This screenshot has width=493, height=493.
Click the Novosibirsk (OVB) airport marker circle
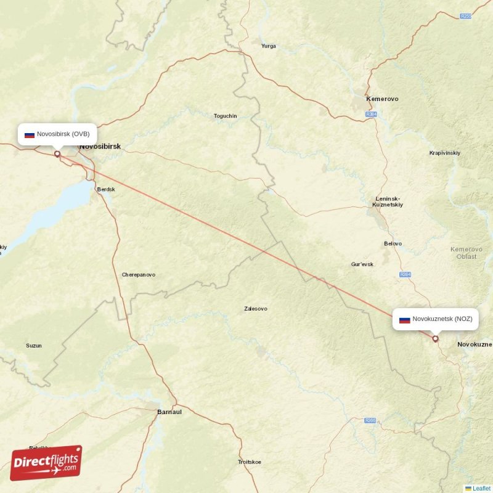tap(57, 154)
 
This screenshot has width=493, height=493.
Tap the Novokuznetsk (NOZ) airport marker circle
tap(435, 338)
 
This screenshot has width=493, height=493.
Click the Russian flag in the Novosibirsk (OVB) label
tap(29, 134)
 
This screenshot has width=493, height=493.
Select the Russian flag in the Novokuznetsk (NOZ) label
tap(405, 319)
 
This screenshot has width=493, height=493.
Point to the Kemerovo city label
tap(382, 99)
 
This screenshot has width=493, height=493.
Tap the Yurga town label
tap(268, 46)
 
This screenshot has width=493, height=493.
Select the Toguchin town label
tap(225, 116)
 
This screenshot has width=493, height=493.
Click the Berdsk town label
tap(106, 189)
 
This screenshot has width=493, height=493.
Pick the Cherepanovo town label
tap(138, 274)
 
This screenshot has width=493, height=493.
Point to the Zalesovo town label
tap(256, 308)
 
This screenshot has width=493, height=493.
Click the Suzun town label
tap(34, 345)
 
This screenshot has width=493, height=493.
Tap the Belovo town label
tap(393, 243)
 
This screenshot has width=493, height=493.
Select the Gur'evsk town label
tap(362, 264)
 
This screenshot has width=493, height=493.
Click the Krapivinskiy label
tap(444, 152)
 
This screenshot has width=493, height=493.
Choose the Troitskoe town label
tap(250, 462)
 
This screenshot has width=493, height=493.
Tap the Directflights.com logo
tap(46, 463)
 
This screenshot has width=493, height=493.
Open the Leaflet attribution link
tap(481, 488)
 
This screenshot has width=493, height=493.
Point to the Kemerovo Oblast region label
tap(463, 253)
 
